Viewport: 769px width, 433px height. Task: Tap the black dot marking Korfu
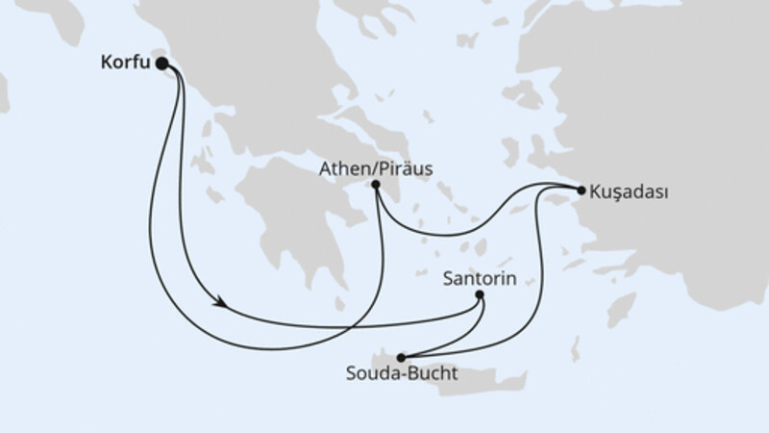[x=161, y=64]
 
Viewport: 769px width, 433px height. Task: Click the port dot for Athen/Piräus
[x=375, y=185]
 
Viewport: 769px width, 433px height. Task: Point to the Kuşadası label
[x=633, y=191]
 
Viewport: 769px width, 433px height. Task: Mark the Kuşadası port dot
[x=582, y=191]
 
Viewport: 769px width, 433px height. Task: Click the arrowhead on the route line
[x=222, y=303]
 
